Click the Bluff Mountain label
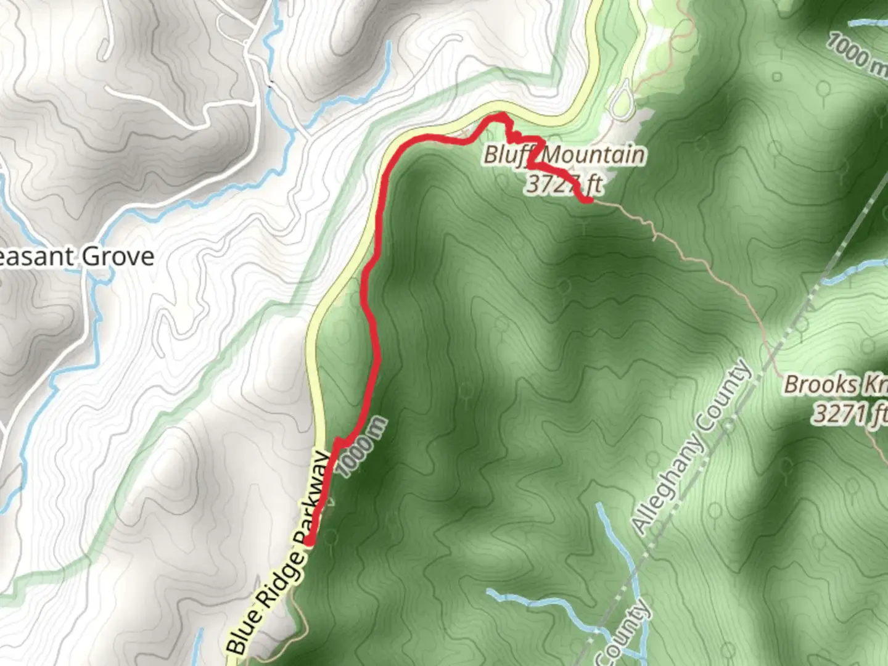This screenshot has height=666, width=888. (x=564, y=155)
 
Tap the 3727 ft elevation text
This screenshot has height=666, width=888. (x=564, y=183)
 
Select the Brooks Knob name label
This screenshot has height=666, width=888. (x=835, y=385)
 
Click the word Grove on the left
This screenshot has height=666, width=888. (x=118, y=257)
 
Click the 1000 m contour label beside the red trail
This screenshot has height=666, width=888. (x=363, y=447)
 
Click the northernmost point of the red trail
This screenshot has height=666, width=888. (x=498, y=115)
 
